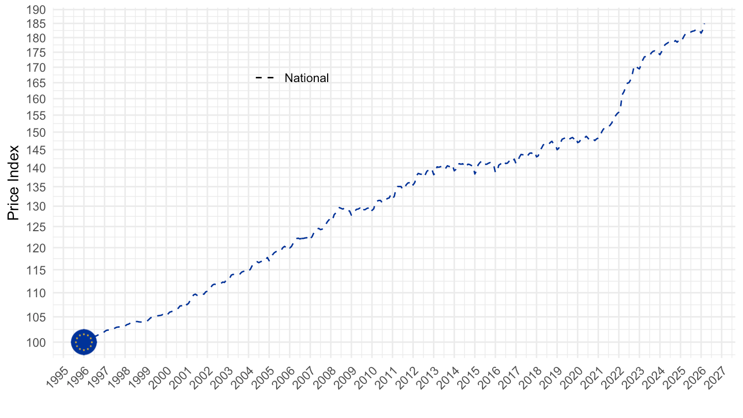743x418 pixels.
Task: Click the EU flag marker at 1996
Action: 84,342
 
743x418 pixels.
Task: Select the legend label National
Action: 306,78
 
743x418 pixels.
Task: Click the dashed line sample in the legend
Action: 264,78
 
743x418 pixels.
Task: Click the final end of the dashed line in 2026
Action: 704,23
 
